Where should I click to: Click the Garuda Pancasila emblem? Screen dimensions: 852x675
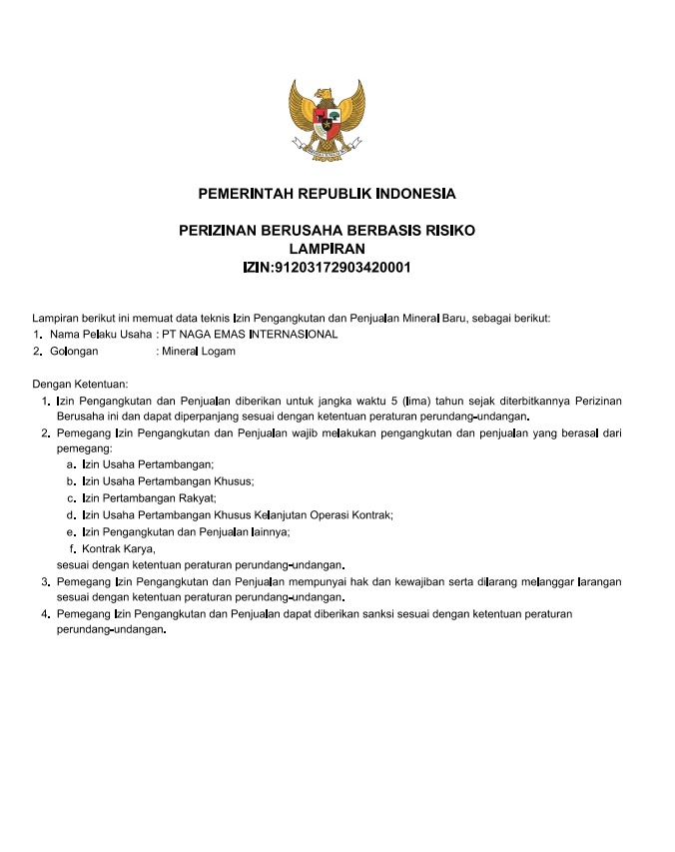pos(327,121)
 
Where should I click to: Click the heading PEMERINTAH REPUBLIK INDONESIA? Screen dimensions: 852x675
pos(327,193)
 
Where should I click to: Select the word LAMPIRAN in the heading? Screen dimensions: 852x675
pos(327,249)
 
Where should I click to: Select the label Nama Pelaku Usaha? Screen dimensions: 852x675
pos(101,334)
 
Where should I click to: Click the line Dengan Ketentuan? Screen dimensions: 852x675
pos(80,384)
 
